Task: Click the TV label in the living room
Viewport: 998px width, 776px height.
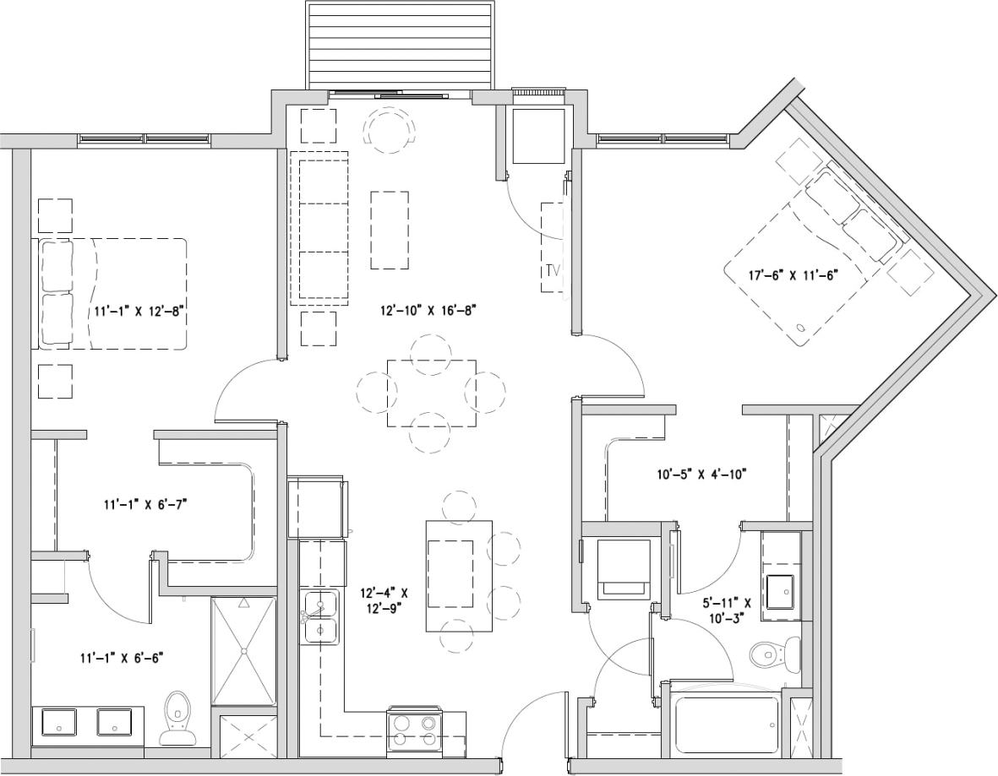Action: point(553,271)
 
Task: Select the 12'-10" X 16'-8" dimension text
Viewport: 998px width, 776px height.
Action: point(429,310)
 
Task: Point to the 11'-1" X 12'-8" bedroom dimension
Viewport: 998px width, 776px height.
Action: point(139,311)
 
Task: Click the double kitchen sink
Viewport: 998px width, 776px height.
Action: point(320,618)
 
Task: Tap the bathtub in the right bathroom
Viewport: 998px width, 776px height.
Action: point(727,724)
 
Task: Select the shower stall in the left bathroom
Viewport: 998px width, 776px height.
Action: point(243,650)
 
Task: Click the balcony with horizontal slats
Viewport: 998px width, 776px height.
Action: point(399,45)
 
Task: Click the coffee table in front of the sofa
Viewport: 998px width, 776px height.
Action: point(390,230)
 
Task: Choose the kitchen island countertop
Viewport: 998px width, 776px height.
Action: point(459,575)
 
